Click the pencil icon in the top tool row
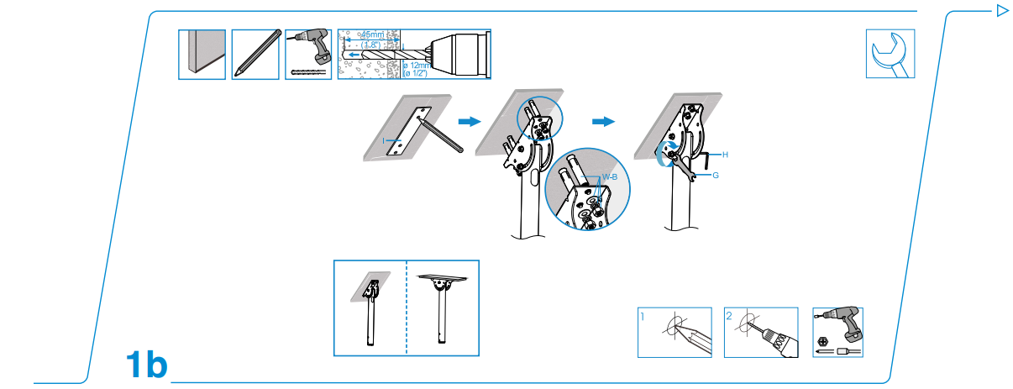point(255,55)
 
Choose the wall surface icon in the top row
point(202,55)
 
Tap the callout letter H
point(724,156)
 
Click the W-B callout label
point(610,177)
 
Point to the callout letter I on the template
point(384,141)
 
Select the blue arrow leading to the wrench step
point(602,122)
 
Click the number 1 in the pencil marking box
point(643,318)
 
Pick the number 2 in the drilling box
point(729,318)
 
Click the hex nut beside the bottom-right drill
point(824,343)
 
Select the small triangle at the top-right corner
point(1000,11)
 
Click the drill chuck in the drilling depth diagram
point(457,54)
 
